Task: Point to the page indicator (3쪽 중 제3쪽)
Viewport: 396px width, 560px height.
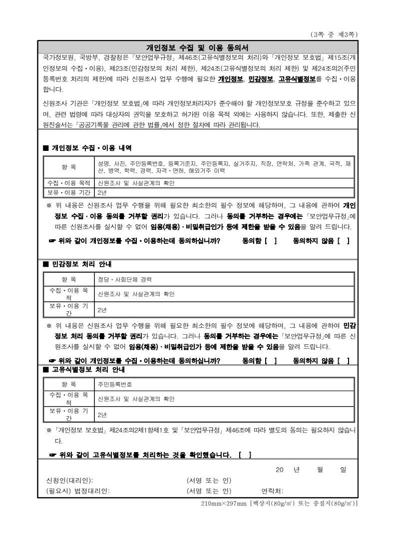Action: point(334,34)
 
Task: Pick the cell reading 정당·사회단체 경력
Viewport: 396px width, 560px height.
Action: point(125,279)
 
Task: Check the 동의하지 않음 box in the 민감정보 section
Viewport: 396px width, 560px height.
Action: point(343,360)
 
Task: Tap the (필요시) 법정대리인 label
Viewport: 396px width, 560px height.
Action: point(78,491)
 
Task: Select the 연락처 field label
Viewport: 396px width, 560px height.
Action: point(273,491)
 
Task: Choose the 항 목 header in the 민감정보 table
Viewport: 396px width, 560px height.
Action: point(68,279)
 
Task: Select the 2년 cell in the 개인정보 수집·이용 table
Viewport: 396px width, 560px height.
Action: point(103,193)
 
